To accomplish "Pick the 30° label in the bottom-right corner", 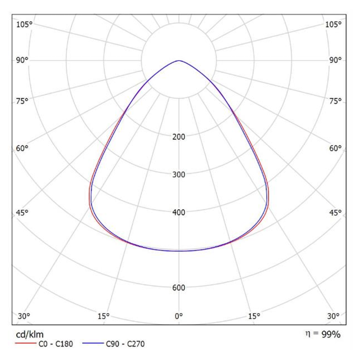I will [x=333, y=316].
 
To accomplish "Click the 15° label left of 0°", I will [x=104, y=316].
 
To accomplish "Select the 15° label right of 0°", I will [x=254, y=316].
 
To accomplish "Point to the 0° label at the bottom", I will [x=179, y=316].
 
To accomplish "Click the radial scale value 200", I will [x=179, y=136].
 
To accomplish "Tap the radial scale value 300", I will [x=179, y=174].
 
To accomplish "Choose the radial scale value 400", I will [x=179, y=212].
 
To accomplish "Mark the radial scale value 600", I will [x=179, y=287].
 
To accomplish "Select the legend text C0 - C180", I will [x=55, y=344].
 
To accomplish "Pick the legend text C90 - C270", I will [x=125, y=344].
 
